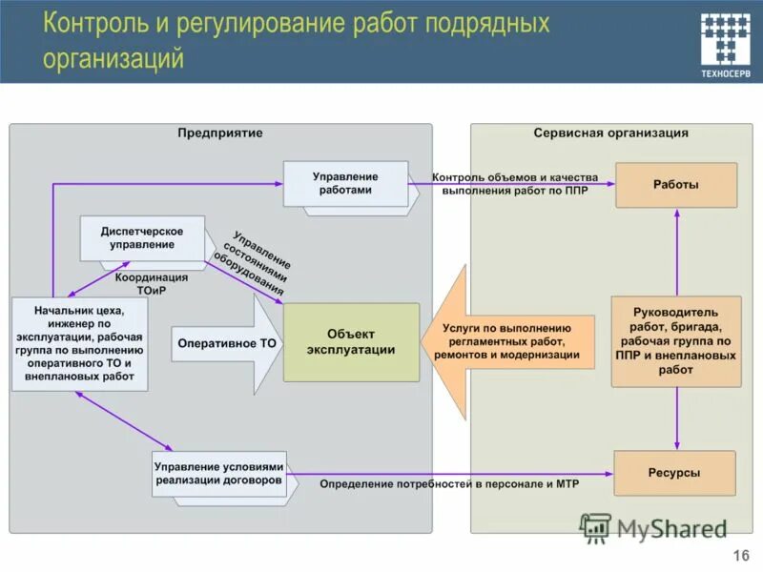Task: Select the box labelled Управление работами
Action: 345,183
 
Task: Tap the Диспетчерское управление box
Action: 142,238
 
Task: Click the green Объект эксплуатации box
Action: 351,342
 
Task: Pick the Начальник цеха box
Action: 81,343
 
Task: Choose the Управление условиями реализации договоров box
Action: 219,474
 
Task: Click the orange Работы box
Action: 675,185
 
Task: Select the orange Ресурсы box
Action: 674,473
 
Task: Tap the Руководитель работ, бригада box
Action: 675,340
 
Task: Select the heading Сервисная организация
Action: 610,133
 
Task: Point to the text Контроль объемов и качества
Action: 514,177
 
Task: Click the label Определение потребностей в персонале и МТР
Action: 448,484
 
